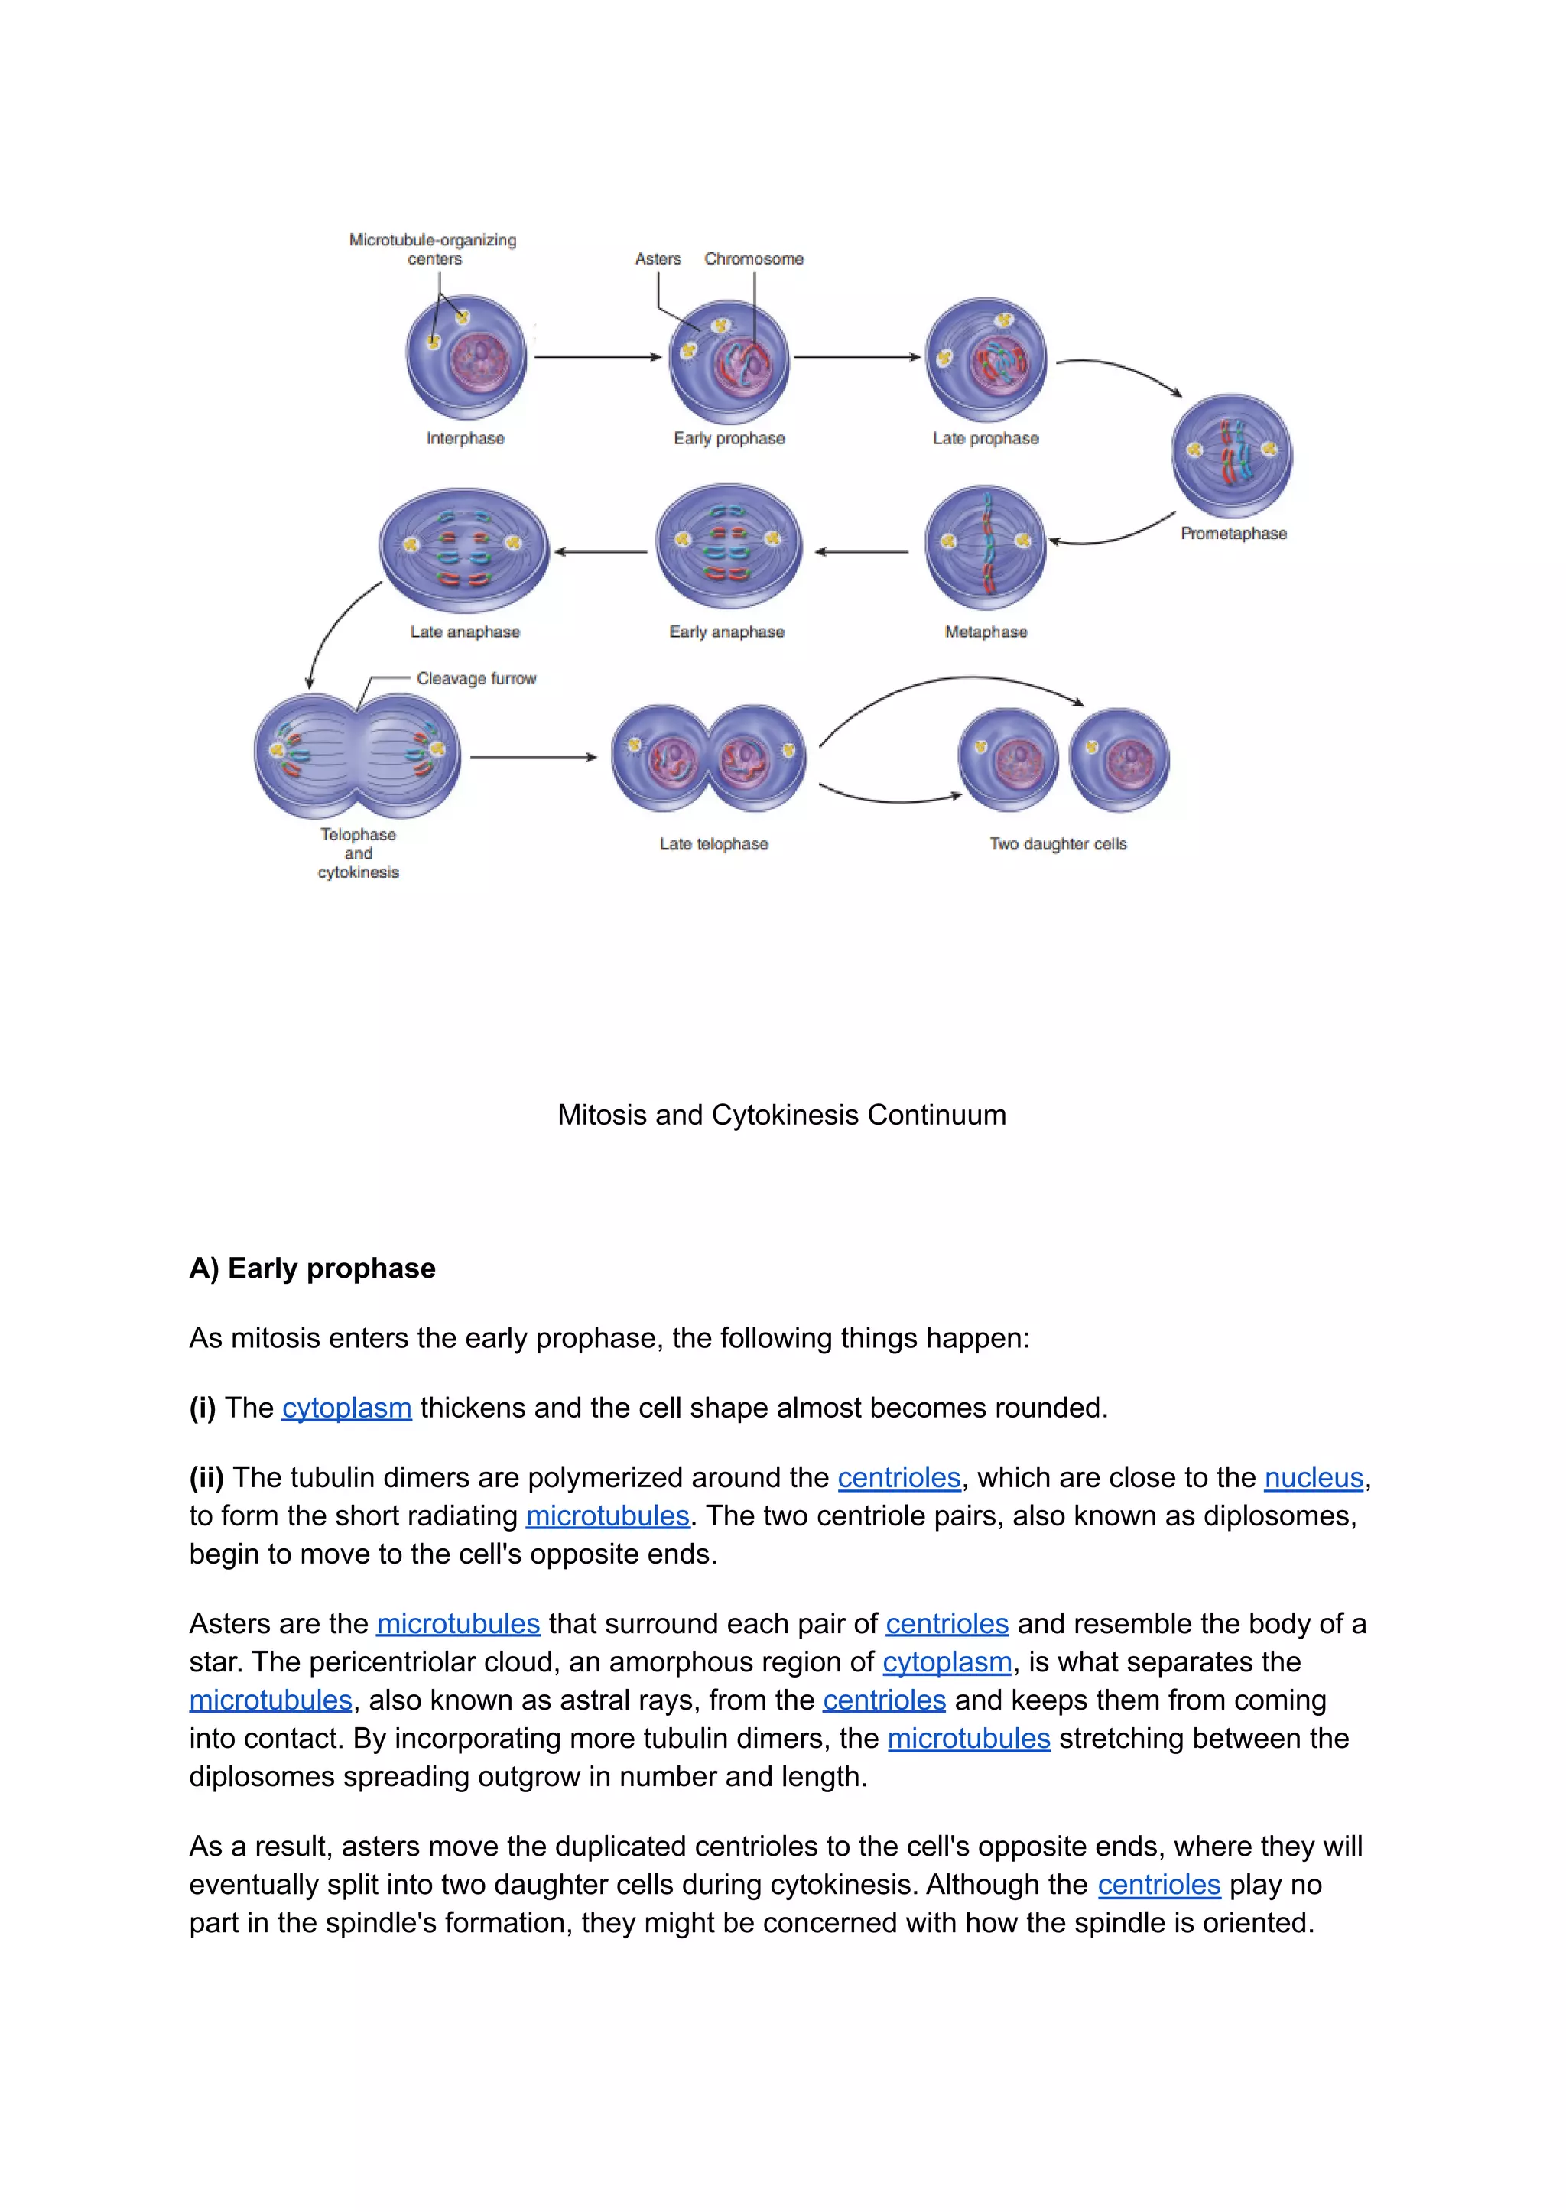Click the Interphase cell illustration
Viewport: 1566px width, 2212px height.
[x=466, y=357]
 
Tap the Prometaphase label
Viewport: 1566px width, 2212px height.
[x=1233, y=533]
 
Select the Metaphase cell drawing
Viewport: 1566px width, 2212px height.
[x=986, y=547]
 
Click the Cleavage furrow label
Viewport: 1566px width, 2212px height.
[x=476, y=679]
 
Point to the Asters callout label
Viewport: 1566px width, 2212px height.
[x=658, y=258]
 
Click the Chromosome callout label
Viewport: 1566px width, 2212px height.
[x=753, y=258]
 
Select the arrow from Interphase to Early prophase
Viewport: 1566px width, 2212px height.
[x=598, y=357]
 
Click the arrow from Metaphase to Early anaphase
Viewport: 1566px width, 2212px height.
[x=861, y=551]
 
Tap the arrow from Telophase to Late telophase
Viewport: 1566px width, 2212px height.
[x=533, y=757]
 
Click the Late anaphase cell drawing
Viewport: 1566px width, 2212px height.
[x=464, y=550]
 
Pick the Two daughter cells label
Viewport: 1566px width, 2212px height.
[x=1058, y=843]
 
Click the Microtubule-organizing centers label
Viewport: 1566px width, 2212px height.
[x=433, y=248]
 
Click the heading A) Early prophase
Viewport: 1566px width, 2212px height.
[x=313, y=1268]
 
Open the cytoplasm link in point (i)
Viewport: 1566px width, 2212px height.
[x=346, y=1408]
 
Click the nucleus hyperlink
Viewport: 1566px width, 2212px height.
[x=1314, y=1477]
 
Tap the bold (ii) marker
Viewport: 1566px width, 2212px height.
[x=206, y=1477]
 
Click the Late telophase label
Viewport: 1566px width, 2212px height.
[x=713, y=843]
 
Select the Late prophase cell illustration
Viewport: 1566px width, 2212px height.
[x=986, y=359]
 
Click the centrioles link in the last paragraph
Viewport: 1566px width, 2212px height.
[x=1158, y=1884]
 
